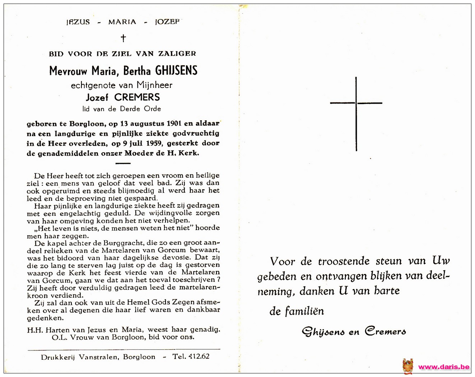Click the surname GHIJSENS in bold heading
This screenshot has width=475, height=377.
pos(176,70)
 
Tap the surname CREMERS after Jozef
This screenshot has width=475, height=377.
pos(137,97)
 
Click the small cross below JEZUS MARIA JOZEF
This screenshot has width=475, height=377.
pos(123,38)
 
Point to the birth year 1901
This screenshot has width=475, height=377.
pos(174,124)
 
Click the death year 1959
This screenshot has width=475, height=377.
pos(154,143)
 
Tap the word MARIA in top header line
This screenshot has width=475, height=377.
pos(122,22)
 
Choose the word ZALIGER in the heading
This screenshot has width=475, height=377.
pos(177,54)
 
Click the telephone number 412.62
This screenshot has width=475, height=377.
pos(196,357)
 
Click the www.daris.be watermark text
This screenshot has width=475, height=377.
pos(443,367)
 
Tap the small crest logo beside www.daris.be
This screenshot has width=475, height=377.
pos(408,367)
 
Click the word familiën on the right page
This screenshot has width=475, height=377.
pos(304,311)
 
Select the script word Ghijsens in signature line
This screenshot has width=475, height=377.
pos(323,332)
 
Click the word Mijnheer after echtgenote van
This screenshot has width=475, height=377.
pos(154,85)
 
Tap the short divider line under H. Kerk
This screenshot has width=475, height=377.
pos(123,163)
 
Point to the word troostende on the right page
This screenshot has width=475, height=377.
pos(344,261)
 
